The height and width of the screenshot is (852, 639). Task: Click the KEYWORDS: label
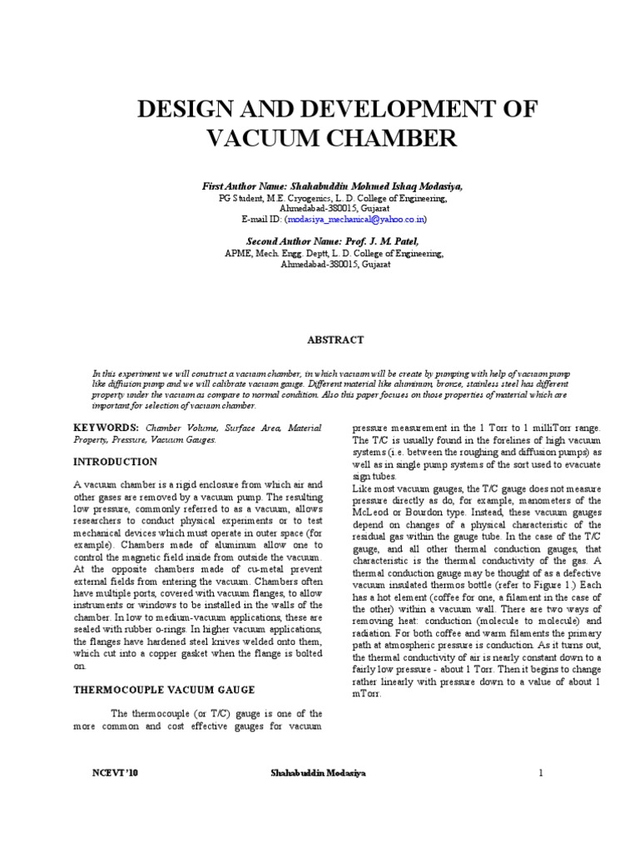coord(107,427)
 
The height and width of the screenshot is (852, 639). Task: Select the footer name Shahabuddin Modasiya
coord(318,773)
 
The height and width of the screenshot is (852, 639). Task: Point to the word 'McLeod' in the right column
coord(371,521)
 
